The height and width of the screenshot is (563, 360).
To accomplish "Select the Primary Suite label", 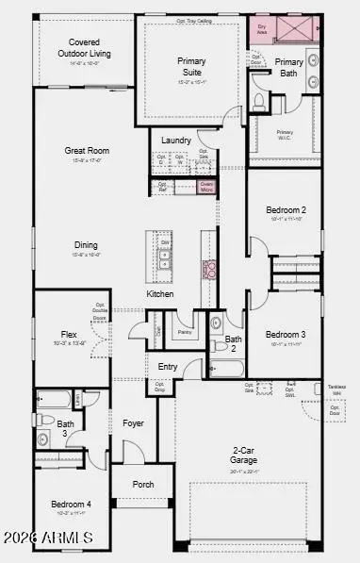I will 191,66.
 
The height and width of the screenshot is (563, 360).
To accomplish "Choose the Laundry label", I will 176,141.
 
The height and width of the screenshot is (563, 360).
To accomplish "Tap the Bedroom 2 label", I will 285,209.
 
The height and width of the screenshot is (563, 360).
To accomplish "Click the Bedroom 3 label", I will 285,308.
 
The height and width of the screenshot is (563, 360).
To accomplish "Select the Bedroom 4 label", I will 71,505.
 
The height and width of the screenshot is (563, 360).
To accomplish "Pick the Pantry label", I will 185,306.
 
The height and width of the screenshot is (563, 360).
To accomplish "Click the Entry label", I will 168,340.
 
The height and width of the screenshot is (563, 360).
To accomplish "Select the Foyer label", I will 133,423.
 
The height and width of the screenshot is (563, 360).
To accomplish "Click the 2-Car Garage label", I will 244,455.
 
